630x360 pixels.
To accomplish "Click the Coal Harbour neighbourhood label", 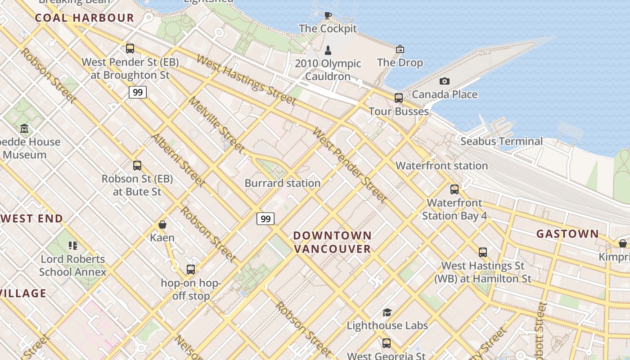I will click(85, 18).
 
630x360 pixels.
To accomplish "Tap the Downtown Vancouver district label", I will click(333, 242).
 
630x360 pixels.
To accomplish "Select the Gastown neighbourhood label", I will click(567, 234).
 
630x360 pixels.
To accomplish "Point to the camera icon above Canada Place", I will click(445, 81).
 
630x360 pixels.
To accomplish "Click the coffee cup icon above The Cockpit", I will click(328, 15).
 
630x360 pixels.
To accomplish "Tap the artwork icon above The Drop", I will click(400, 49).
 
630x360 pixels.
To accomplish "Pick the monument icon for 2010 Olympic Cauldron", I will click(328, 50).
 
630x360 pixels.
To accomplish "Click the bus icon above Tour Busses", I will click(399, 98).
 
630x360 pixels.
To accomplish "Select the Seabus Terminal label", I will click(501, 141).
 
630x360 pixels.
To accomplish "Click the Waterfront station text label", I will click(441, 166).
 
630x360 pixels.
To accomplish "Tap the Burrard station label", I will click(283, 183).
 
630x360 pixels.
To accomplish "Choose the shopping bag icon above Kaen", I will click(162, 225).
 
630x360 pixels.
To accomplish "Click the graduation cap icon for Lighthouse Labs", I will click(387, 312).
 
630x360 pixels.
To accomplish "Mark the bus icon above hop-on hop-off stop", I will click(191, 270).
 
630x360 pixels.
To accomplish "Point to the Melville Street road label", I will click(216, 124).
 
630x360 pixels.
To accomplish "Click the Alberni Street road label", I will click(178, 160).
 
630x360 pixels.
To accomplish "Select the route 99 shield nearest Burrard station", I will click(265, 219).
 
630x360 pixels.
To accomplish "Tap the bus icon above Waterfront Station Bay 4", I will click(454, 189).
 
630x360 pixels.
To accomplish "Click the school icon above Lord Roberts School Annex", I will click(73, 246).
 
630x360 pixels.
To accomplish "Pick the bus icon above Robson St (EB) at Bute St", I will click(137, 166).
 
